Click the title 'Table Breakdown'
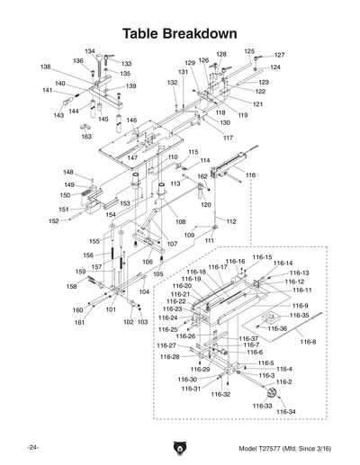180,33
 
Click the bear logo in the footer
180,448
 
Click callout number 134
90,51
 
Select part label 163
86,137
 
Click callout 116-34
285,412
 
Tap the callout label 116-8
309,342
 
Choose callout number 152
53,220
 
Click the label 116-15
262,257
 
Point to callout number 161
79,322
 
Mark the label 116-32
220,394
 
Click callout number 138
45,67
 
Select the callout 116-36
277,329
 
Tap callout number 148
68,172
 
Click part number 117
228,138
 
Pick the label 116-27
166,345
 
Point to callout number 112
231,221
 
